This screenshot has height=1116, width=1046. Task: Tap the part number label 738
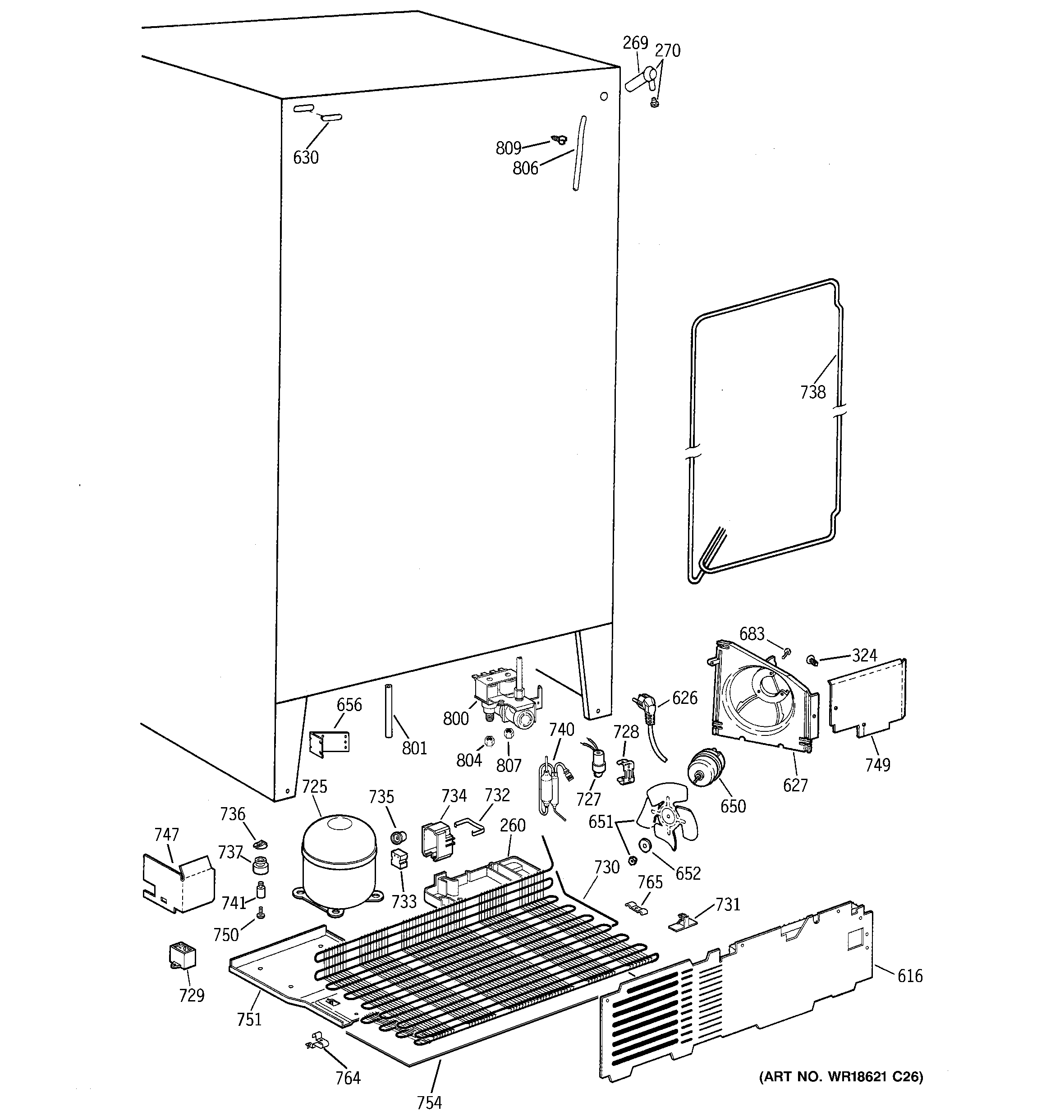click(813, 392)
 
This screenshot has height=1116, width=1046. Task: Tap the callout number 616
click(909, 976)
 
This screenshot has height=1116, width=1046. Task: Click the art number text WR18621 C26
click(841, 1076)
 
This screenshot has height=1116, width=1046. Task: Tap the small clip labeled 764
click(317, 1040)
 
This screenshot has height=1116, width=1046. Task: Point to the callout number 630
click(306, 158)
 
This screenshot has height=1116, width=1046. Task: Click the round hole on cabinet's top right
click(604, 96)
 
